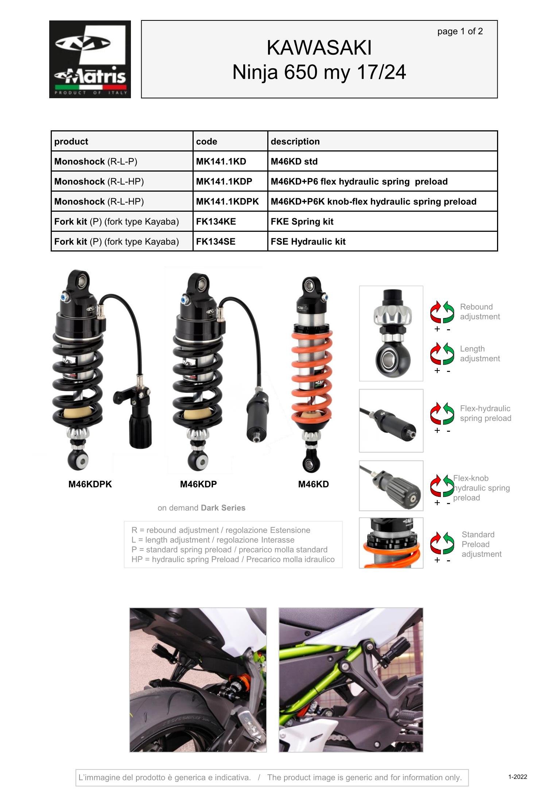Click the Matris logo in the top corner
click(90, 59)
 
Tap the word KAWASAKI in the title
click(319, 48)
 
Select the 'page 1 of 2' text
click(460, 31)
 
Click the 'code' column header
click(206, 142)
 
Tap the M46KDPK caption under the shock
click(90, 484)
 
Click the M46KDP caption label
click(198, 484)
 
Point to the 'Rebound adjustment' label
click(480, 312)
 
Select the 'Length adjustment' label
click(480, 354)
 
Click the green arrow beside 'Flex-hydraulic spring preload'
click(449, 413)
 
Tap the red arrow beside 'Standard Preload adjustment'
click(436, 543)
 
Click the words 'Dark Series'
click(223, 508)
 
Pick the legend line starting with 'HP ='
click(233, 559)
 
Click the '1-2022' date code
click(517, 777)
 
